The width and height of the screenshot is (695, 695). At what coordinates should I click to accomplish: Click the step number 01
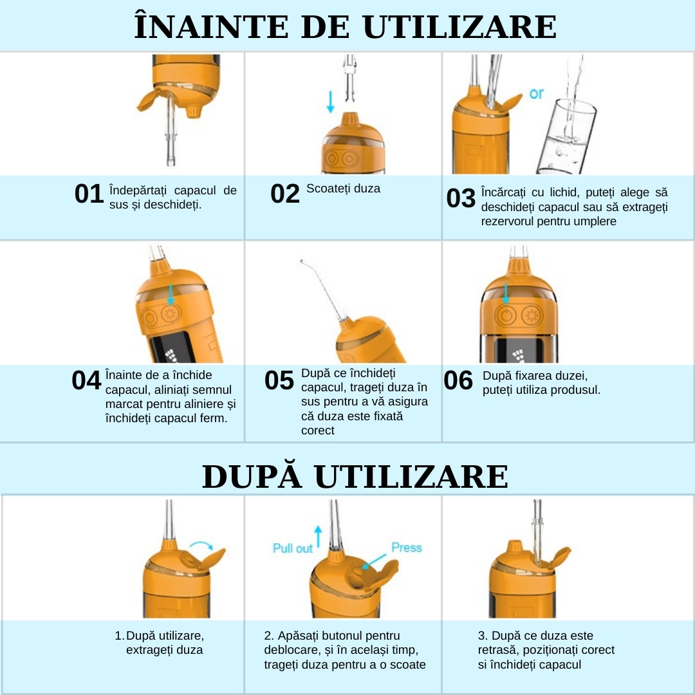[x=89, y=194]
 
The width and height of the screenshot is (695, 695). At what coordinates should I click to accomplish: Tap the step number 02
[x=285, y=194]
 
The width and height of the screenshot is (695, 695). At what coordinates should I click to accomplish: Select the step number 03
[x=461, y=198]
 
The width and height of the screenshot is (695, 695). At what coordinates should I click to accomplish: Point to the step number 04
[x=86, y=380]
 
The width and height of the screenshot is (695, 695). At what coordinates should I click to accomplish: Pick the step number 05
[x=279, y=380]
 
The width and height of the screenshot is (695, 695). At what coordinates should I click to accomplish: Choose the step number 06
[x=458, y=380]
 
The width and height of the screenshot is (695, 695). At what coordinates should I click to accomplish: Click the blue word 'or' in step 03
[x=536, y=93]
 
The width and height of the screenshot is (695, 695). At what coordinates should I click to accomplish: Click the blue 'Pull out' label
[x=293, y=548]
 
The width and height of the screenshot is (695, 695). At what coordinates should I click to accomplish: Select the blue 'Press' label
[x=407, y=548]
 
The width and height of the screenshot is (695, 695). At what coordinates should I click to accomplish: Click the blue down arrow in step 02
[x=330, y=102]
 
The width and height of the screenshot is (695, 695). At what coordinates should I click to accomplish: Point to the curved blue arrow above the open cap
[x=201, y=544]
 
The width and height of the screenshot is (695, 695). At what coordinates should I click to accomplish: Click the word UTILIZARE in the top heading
[x=459, y=27]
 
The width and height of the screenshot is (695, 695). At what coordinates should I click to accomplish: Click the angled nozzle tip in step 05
[x=301, y=261]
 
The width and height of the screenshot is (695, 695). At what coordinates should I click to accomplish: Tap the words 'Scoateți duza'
[x=343, y=189]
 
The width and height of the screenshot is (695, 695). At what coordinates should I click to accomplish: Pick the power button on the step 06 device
[x=506, y=316]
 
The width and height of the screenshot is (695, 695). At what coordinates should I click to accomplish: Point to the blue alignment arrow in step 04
[x=170, y=294]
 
